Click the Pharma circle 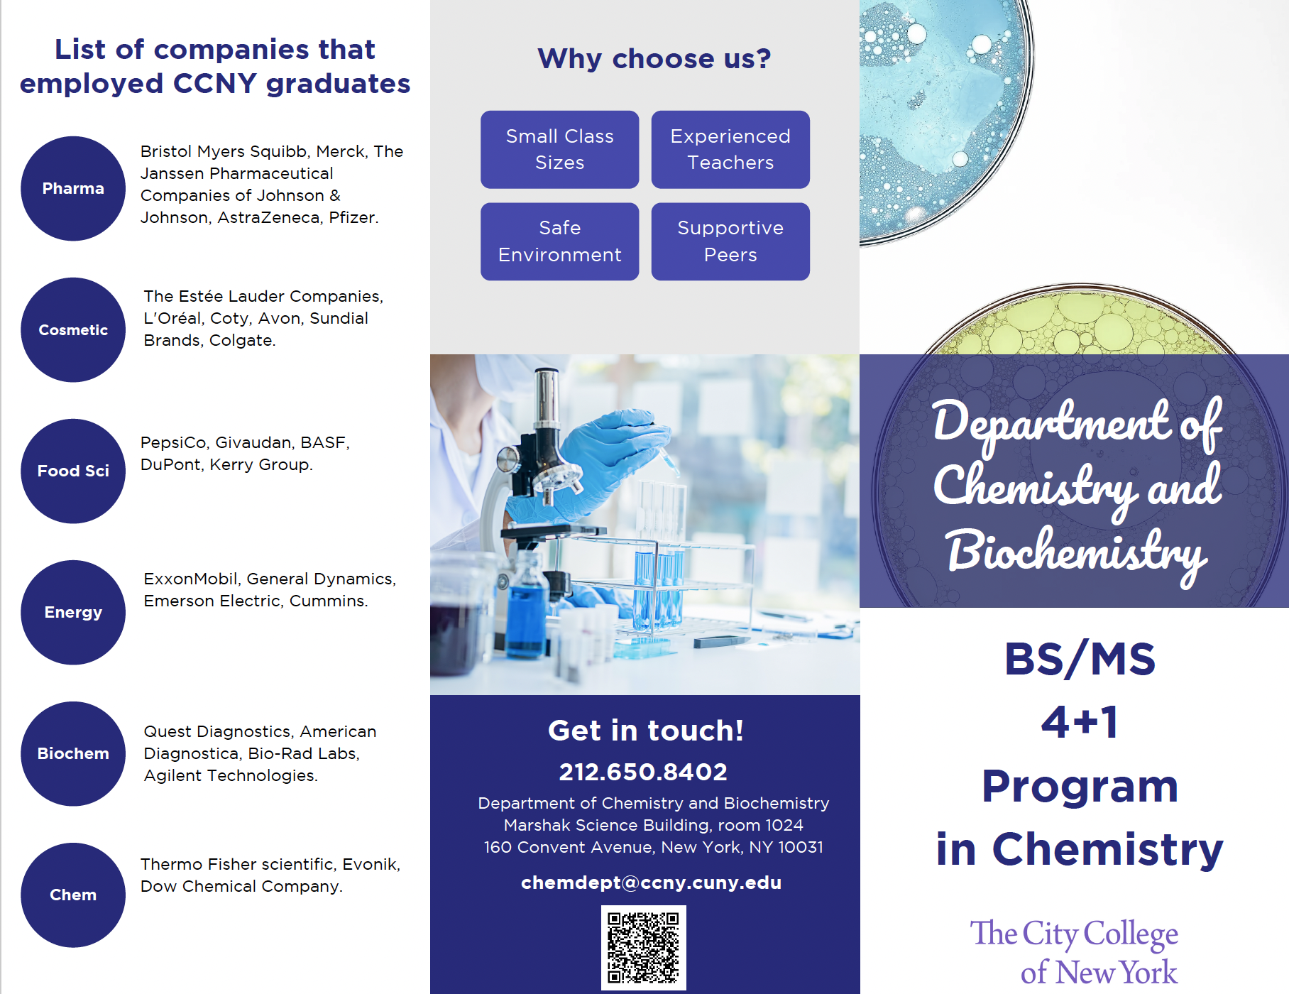[73, 188]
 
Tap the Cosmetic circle [73, 329]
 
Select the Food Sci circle [73, 471]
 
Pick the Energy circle [73, 612]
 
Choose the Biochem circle [73, 753]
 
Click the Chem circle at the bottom [73, 895]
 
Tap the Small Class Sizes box [559, 149]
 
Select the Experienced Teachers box [730, 149]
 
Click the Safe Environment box [559, 241]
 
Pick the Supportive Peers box [730, 241]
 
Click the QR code [643, 947]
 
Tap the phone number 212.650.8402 [643, 772]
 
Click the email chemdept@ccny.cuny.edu [651, 883]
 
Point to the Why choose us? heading [654, 58]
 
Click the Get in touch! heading [645, 731]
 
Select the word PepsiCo [173, 442]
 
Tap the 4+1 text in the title [1080, 723]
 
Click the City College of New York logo [1074, 952]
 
